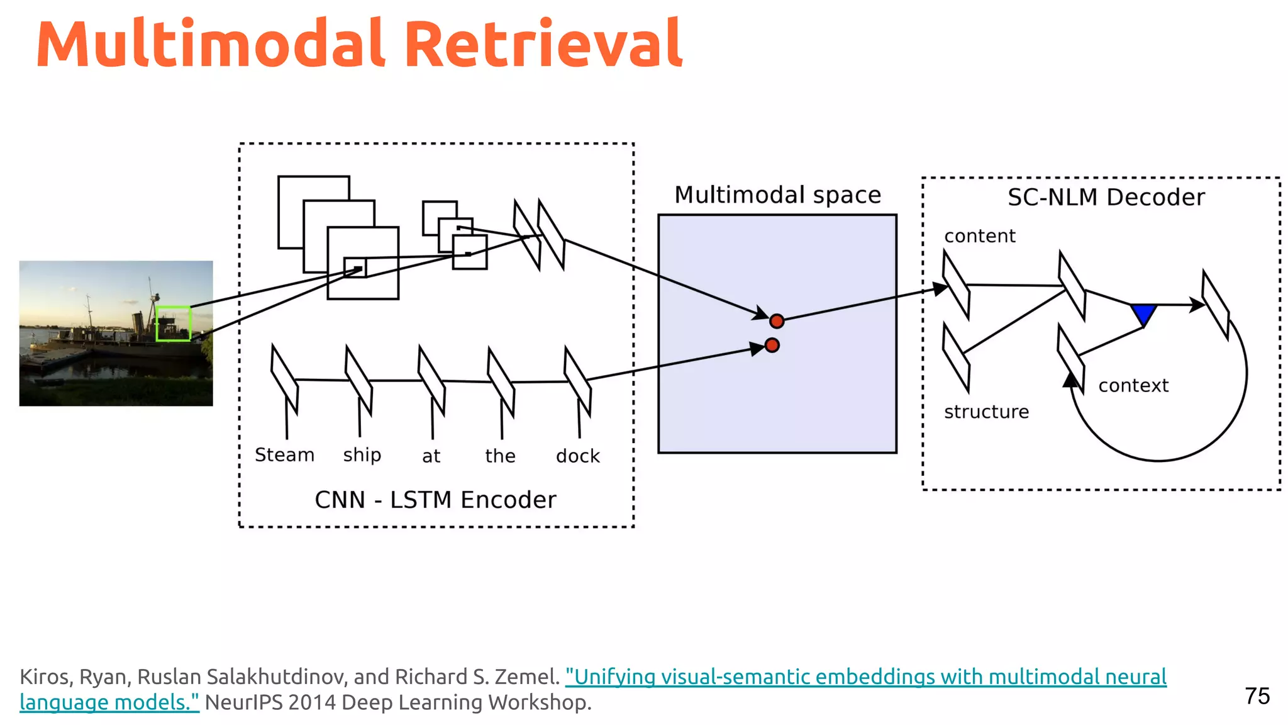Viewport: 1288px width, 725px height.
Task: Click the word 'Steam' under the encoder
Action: click(284, 455)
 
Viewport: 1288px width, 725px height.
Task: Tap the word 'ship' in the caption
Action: click(362, 455)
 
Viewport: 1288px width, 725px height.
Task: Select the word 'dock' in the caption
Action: click(577, 456)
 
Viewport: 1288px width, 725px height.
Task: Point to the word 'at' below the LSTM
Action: click(431, 456)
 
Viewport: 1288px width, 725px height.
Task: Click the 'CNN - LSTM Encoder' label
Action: click(435, 500)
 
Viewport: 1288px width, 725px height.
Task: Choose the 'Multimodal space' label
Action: click(777, 195)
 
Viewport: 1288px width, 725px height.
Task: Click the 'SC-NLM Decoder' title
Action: click(1106, 198)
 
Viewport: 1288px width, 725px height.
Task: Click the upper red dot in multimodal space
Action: click(777, 322)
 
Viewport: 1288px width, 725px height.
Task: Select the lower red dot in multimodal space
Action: click(772, 346)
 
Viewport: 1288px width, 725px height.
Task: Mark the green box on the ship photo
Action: click(173, 323)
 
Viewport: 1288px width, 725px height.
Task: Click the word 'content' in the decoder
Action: click(979, 236)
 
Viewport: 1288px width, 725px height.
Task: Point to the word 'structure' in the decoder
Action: click(986, 412)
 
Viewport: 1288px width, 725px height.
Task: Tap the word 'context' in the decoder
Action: click(1133, 385)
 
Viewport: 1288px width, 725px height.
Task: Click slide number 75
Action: click(1257, 696)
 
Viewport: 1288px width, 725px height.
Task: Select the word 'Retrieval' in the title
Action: click(543, 44)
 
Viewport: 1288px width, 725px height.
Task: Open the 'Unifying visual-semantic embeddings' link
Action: click(865, 677)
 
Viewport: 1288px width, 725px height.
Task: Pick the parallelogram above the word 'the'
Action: click(501, 381)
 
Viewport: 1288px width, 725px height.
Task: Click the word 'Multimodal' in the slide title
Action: click(211, 44)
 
